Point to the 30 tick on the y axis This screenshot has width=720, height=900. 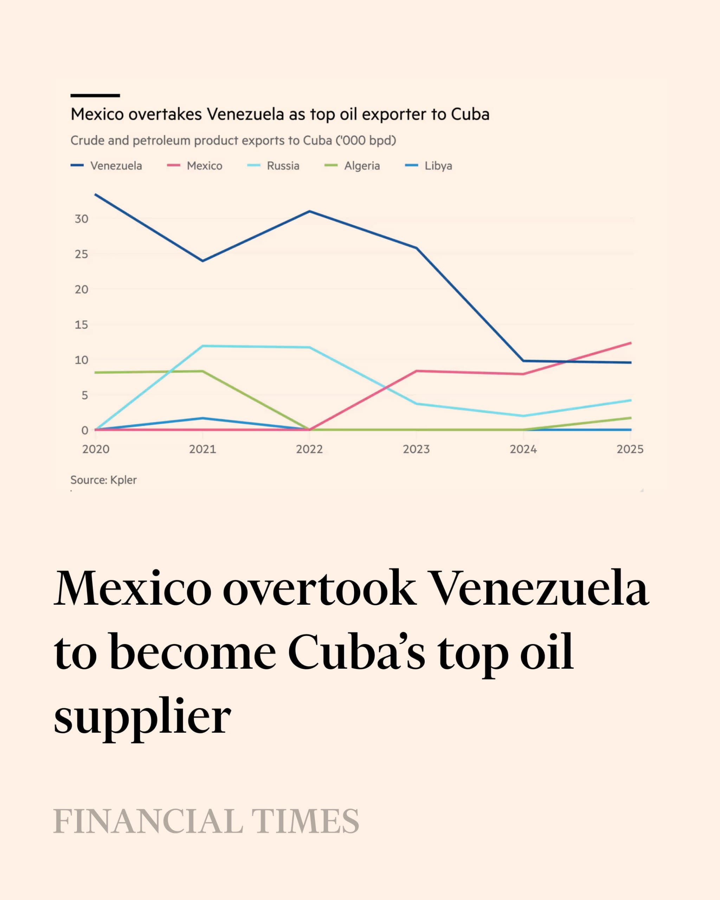[82, 219]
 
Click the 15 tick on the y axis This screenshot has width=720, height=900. [82, 324]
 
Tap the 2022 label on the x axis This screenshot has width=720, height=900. [309, 449]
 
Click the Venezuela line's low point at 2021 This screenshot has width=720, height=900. [203, 261]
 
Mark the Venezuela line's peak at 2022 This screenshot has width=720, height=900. [309, 211]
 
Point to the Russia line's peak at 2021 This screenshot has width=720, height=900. [203, 346]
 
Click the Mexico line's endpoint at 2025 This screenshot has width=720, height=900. [630, 343]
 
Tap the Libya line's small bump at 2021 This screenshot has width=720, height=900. [203, 418]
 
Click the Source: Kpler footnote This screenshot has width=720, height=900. [103, 480]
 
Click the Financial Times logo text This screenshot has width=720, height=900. [206, 821]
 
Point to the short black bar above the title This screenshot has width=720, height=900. [95, 96]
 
